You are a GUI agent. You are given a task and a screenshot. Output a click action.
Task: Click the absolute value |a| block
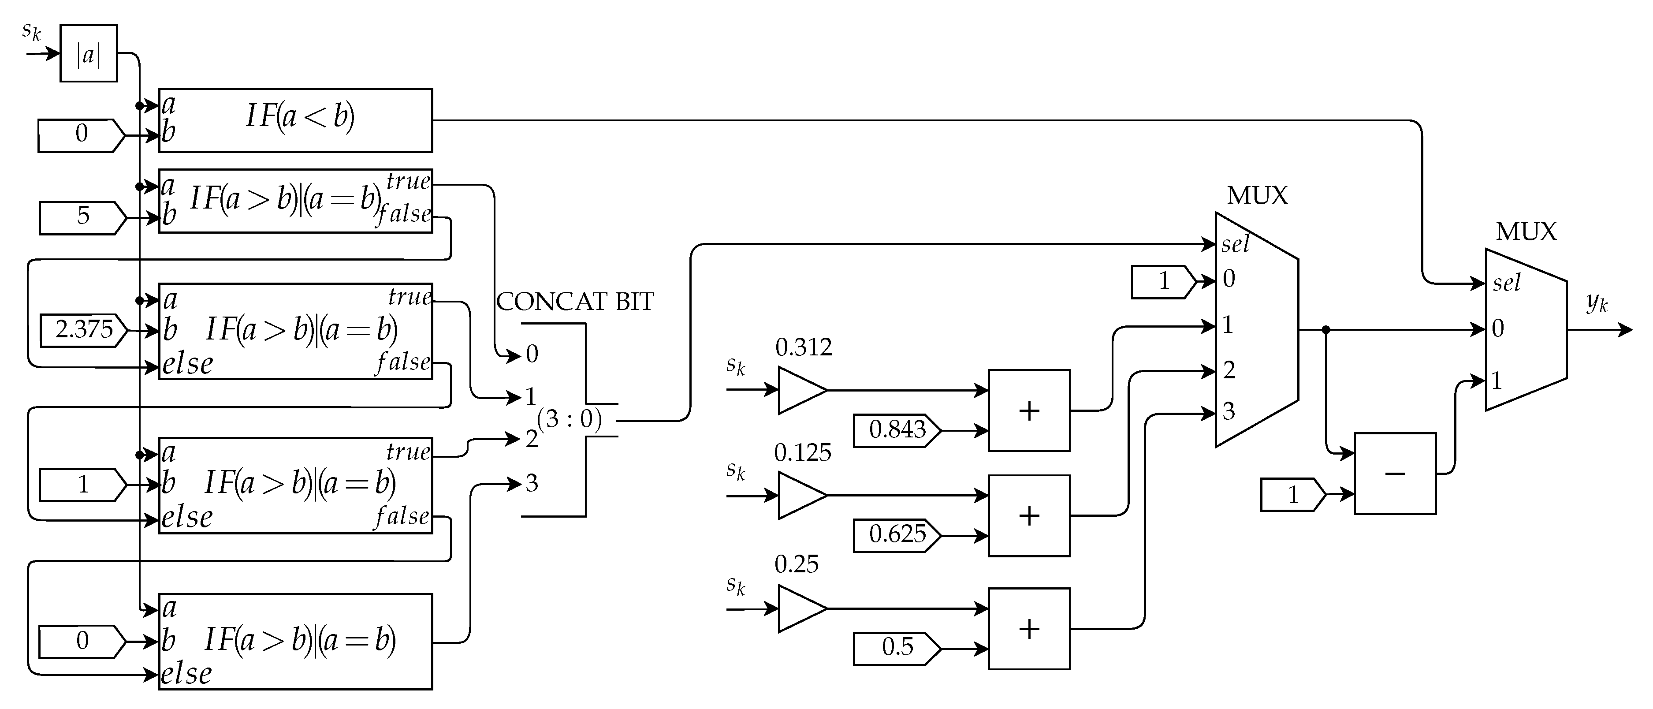pos(89,53)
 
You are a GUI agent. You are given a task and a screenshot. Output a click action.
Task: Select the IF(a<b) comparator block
pos(295,120)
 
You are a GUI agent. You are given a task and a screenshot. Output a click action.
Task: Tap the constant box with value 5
pos(82,217)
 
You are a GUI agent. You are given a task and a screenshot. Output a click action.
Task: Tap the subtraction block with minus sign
pos(1394,474)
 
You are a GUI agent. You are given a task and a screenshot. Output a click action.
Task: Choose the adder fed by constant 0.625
pos(1029,515)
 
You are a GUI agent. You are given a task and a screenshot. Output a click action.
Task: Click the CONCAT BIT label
pos(574,302)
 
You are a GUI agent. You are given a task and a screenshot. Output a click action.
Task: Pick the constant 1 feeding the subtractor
pos(1292,495)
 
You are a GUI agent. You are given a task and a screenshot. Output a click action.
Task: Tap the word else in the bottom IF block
pos(186,674)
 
